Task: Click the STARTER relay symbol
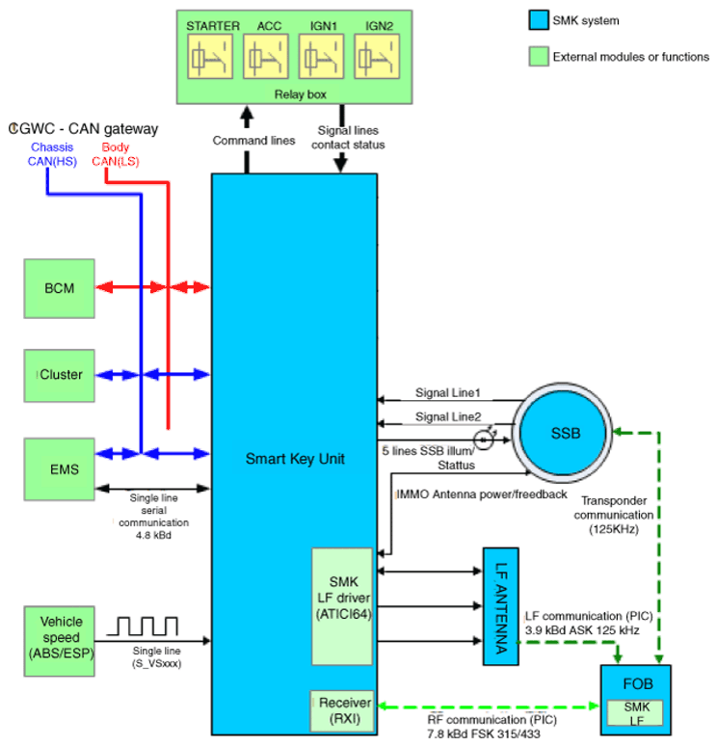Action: pyautogui.click(x=210, y=56)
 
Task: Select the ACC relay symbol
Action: pyautogui.click(x=266, y=56)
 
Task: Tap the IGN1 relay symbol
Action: pyautogui.click(x=322, y=56)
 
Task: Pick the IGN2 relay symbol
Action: pyautogui.click(x=377, y=56)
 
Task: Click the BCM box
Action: pyautogui.click(x=60, y=289)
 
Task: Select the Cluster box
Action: pyautogui.click(x=60, y=376)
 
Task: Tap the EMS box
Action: pyautogui.click(x=60, y=469)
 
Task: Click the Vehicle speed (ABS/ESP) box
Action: pyautogui.click(x=60, y=641)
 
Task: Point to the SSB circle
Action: pyautogui.click(x=563, y=433)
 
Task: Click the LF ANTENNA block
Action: pyautogui.click(x=501, y=606)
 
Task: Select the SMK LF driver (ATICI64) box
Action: pyautogui.click(x=342, y=606)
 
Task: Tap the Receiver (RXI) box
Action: pyautogui.click(x=342, y=710)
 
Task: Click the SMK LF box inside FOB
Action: pyautogui.click(x=635, y=712)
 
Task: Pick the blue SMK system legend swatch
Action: pyautogui.click(x=539, y=20)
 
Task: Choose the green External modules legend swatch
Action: pyautogui.click(x=539, y=56)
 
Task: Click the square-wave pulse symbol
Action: pyautogui.click(x=142, y=626)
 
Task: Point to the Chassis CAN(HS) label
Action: pyautogui.click(x=52, y=154)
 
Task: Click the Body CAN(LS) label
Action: pyautogui.click(x=116, y=154)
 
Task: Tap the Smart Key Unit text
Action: pyautogui.click(x=295, y=459)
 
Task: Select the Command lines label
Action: pyautogui.click(x=253, y=141)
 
